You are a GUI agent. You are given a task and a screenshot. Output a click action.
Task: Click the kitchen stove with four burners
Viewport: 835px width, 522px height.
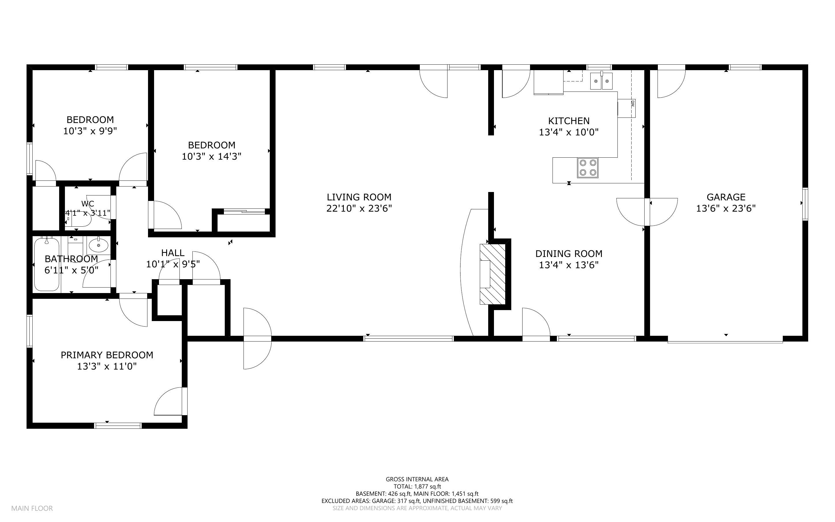coord(587,168)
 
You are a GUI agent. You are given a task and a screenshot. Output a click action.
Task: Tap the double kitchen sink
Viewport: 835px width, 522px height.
coord(601,81)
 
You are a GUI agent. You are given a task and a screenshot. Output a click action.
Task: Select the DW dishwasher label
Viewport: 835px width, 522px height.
coord(632,104)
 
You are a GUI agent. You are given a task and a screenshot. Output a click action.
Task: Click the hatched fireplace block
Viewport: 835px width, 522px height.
coord(493,274)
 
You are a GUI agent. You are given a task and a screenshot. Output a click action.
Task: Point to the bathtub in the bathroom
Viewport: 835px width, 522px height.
coord(47,264)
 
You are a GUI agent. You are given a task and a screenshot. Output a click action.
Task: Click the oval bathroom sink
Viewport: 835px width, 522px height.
coord(99,245)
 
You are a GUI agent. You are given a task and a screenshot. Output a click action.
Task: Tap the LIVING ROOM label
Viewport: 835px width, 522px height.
coord(359,197)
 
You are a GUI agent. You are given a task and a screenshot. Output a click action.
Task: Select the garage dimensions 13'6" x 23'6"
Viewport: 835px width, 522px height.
coord(726,208)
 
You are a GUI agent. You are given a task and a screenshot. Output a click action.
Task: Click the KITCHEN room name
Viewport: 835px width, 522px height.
coord(569,121)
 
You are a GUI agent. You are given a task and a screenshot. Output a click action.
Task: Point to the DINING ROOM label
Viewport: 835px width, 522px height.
coord(569,254)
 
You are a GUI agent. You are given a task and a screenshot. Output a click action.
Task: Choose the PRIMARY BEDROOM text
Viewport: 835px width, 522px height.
coord(107,355)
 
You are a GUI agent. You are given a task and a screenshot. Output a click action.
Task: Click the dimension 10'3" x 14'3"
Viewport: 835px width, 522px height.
coord(211,156)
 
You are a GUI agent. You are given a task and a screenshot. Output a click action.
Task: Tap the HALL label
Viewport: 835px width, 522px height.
coord(173,253)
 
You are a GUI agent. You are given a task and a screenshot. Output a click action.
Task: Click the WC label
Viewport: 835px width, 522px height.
coord(88,204)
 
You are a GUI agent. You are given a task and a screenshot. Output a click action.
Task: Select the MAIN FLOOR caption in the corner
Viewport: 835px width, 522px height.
coord(32,508)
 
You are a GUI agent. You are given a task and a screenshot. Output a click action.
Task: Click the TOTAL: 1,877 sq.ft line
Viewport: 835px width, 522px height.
coord(417,486)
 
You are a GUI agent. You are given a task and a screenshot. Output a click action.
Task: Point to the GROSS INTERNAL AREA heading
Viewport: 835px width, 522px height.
coord(417,479)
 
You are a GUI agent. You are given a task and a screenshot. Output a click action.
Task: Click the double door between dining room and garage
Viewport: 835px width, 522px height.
coord(647,212)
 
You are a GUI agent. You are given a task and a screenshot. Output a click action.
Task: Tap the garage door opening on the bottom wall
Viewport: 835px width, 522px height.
coord(725,341)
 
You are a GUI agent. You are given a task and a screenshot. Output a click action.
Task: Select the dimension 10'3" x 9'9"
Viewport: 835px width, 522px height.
coord(90,131)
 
